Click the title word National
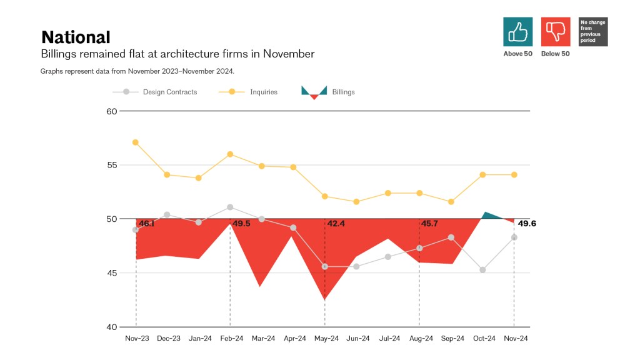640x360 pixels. tap(76, 37)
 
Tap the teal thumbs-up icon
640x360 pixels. tap(517, 31)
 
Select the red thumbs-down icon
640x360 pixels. tap(556, 31)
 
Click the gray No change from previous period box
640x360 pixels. tap(593, 31)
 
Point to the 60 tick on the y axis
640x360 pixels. tap(112, 111)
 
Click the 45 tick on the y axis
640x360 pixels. tap(112, 273)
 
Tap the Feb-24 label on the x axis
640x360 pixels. tap(231, 339)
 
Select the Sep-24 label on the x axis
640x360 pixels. tap(451, 339)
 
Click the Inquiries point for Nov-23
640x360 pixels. tap(136, 142)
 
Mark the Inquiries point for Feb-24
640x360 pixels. tap(230, 154)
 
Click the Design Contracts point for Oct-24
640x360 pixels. tap(482, 270)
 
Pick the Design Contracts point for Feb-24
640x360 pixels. tap(230, 207)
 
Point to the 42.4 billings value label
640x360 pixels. tap(335, 224)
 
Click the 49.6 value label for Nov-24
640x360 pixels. tap(527, 224)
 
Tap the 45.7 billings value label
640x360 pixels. tap(429, 224)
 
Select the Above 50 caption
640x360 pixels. tap(517, 54)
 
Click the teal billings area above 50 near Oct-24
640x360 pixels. tap(491, 216)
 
